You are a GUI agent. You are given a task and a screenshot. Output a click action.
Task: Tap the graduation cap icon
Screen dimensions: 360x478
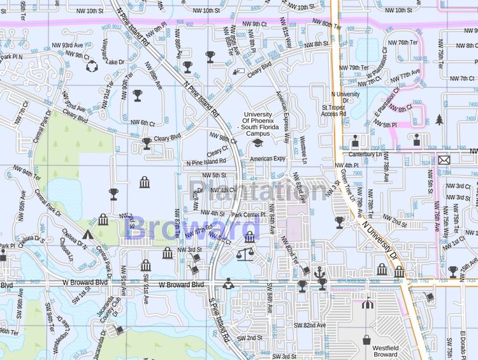point(257,144)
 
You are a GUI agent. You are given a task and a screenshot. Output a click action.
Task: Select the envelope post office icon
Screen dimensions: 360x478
point(444,159)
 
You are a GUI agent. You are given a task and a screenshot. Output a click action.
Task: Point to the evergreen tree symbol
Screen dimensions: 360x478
point(439,120)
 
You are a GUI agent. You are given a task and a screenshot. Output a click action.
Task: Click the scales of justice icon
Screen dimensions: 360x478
point(244,254)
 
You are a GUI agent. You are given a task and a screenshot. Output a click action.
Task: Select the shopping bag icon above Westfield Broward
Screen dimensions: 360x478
point(366,338)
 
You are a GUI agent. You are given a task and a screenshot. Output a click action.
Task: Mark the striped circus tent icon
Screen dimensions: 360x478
point(366,304)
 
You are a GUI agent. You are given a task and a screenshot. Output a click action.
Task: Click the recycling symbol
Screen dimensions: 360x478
point(91,65)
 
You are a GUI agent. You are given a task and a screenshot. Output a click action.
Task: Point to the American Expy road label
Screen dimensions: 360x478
point(268,159)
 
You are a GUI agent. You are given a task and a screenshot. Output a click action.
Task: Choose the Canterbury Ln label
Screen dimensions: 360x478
point(365,154)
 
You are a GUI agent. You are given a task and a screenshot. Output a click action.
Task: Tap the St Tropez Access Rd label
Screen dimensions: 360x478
point(334,111)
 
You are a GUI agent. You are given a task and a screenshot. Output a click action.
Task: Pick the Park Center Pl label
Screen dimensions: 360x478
point(249,215)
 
